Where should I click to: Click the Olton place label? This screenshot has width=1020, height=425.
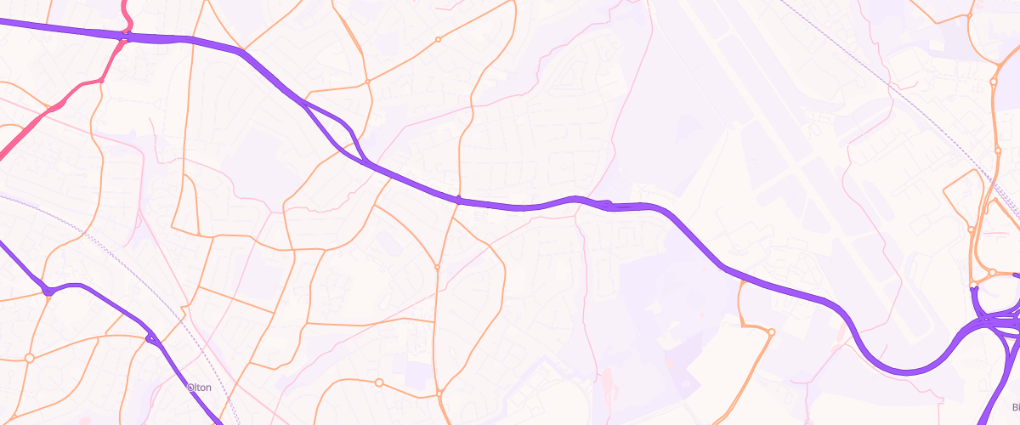(x=197, y=387)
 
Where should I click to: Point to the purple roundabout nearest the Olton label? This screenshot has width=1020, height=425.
(x=151, y=339)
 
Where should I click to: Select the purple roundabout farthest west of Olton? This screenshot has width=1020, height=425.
(x=48, y=291)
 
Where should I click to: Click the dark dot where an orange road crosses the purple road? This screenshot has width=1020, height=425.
(x=458, y=201)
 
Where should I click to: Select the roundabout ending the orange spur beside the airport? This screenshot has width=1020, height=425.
(x=771, y=332)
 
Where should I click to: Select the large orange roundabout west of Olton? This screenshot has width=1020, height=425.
(x=30, y=358)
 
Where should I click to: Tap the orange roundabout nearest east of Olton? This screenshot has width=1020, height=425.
(x=378, y=382)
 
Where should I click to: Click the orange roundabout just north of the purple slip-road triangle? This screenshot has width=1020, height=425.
(x=367, y=82)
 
